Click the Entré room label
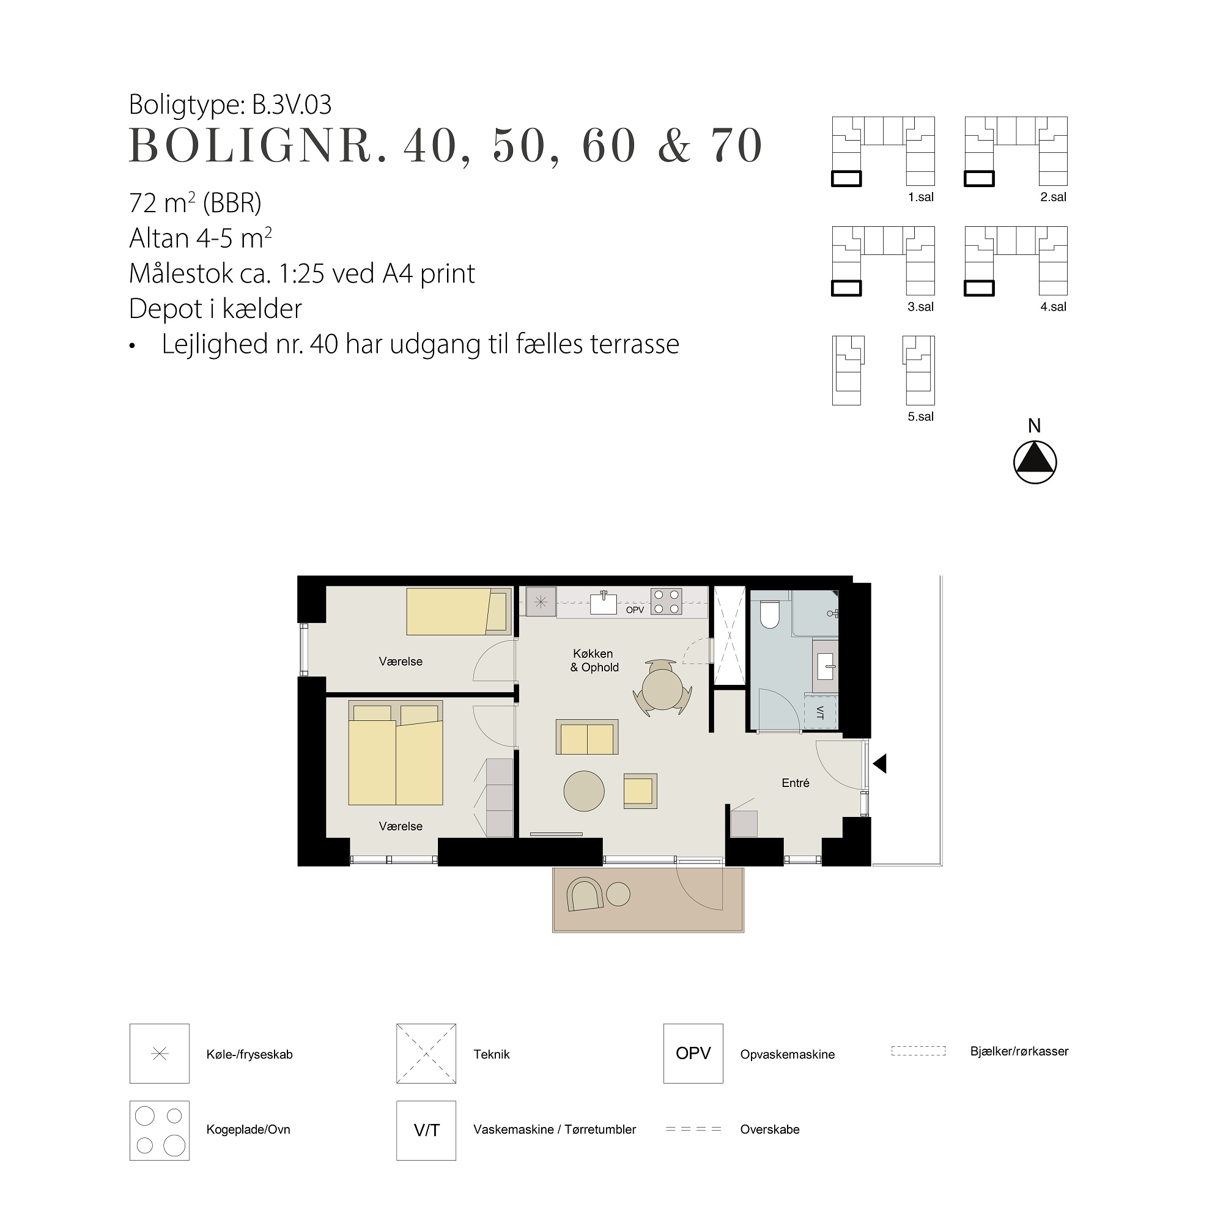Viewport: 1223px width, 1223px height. coord(795,783)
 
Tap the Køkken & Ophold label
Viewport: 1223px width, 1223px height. coord(594,660)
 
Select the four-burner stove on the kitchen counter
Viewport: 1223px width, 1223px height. coord(667,602)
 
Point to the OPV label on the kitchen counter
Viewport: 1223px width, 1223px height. coord(634,610)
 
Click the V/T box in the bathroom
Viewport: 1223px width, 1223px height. coord(821,712)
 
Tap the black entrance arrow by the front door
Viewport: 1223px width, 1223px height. coord(879,763)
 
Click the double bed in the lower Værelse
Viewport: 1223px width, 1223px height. coord(395,753)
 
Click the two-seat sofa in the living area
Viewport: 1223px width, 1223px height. coord(587,737)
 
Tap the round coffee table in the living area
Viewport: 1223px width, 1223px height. coord(583,791)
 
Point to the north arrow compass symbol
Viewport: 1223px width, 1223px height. coord(1035,462)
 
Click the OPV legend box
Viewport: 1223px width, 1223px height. coord(693,1054)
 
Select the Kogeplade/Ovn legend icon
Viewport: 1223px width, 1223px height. coord(160,1131)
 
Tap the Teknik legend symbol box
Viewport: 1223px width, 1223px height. coord(426,1054)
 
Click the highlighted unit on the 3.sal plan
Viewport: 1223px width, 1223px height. coord(846,289)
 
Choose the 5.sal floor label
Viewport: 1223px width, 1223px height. coord(920,416)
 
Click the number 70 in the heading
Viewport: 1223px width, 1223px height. coord(737,146)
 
